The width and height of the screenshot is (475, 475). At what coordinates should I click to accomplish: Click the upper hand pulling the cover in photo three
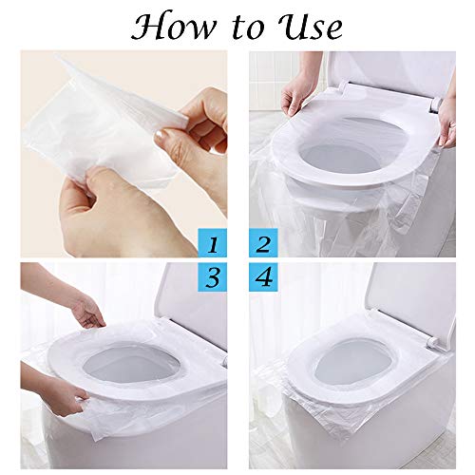tap(85, 310)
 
